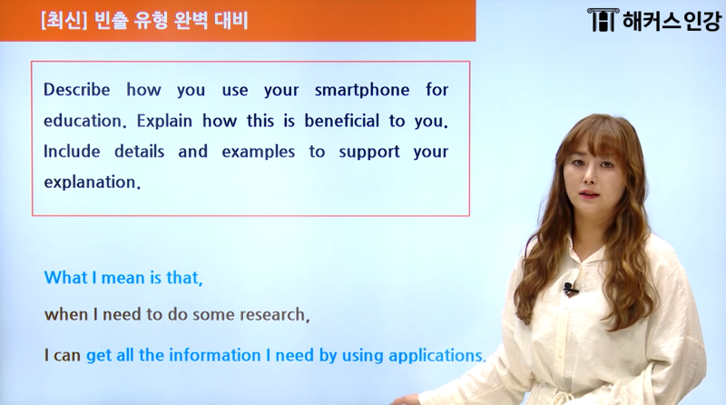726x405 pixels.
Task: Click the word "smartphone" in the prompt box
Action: click(x=362, y=91)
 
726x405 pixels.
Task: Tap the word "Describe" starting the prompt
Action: click(x=77, y=89)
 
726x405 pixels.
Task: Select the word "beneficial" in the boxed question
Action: click(x=342, y=121)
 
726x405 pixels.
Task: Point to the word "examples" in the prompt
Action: click(x=259, y=152)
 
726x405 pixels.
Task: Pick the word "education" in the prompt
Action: click(x=83, y=121)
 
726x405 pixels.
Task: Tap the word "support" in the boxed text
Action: click(x=369, y=153)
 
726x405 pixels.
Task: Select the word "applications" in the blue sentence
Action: click(x=436, y=356)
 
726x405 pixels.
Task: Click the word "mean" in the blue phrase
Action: click(x=123, y=278)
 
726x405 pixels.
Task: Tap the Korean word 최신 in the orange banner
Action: click(x=64, y=21)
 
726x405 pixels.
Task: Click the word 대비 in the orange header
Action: click(x=231, y=21)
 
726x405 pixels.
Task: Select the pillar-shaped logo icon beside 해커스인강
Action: click(x=603, y=20)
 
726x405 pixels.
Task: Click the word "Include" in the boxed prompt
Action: click(x=72, y=152)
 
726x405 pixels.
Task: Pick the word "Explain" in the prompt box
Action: click(x=164, y=122)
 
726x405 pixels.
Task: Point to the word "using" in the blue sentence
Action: click(x=362, y=356)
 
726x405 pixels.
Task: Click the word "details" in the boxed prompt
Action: click(x=140, y=152)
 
